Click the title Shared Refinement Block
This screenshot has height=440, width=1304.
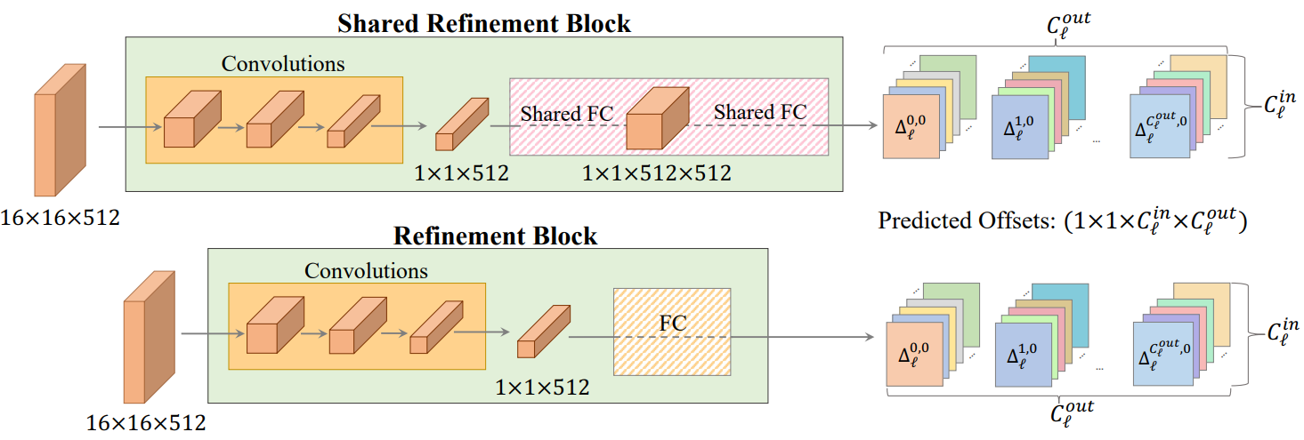click(x=483, y=23)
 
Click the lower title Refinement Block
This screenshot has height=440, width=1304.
click(x=495, y=236)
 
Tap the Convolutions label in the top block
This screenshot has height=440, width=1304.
click(x=283, y=63)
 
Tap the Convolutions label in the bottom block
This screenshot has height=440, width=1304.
click(x=366, y=271)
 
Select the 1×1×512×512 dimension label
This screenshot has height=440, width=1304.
click(x=657, y=173)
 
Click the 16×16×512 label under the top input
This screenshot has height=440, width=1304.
click(x=60, y=218)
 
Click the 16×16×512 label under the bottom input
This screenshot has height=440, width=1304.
click(x=146, y=422)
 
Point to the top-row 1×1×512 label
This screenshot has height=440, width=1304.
click(x=461, y=173)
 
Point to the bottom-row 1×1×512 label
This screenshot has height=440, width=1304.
click(x=542, y=387)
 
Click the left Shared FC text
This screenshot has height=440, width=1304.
click(x=566, y=114)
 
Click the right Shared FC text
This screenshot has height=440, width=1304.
click(x=760, y=112)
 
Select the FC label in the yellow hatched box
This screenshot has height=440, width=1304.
click(x=672, y=324)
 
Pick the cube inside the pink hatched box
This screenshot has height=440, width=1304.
click(x=657, y=118)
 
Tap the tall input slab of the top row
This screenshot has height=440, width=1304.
click(x=60, y=130)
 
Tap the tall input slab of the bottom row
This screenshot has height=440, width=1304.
click(x=149, y=337)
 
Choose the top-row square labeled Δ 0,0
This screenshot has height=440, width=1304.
click(x=911, y=127)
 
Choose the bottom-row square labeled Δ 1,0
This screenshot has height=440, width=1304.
click(x=1024, y=355)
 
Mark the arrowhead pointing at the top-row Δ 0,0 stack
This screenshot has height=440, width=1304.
click(x=872, y=125)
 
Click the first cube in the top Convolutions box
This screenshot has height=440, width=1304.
click(x=192, y=118)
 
